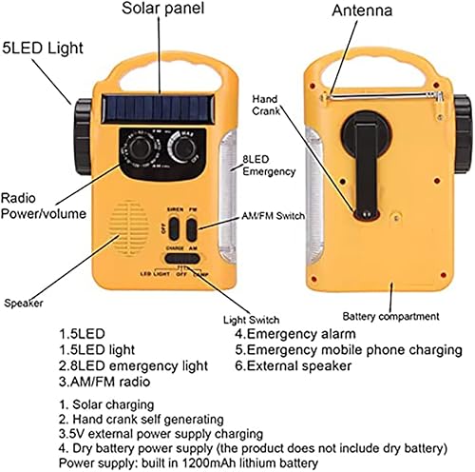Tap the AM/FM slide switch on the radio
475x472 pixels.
[191, 229]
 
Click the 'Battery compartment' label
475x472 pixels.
[390, 315]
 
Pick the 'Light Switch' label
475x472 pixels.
[250, 320]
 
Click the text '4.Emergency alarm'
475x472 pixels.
[295, 334]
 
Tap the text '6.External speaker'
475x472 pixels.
[294, 364]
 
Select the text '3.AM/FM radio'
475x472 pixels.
[105, 381]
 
